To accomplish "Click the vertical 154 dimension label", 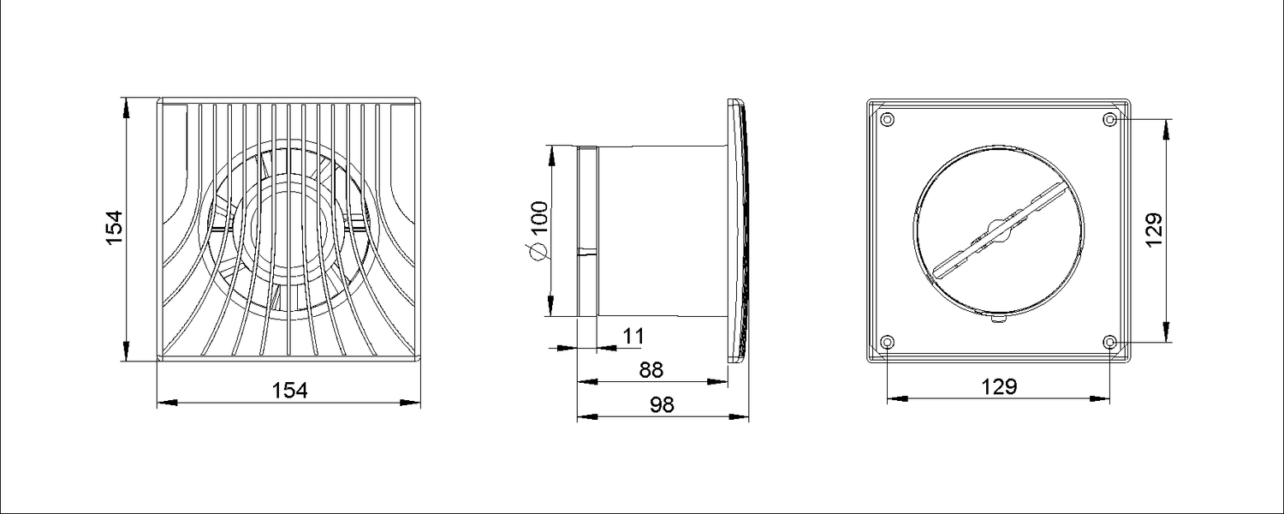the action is coord(115,228).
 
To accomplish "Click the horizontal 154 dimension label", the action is coord(289,391).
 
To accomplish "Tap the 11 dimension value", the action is coord(633,336).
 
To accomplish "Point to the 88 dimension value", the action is coord(651,370).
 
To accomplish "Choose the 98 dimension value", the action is coord(662,405).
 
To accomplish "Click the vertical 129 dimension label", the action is coord(1154,230).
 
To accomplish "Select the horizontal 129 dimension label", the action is coord(1000,387).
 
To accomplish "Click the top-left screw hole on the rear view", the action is coord(888,120).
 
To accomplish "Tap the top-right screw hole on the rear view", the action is coord(1109,120).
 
